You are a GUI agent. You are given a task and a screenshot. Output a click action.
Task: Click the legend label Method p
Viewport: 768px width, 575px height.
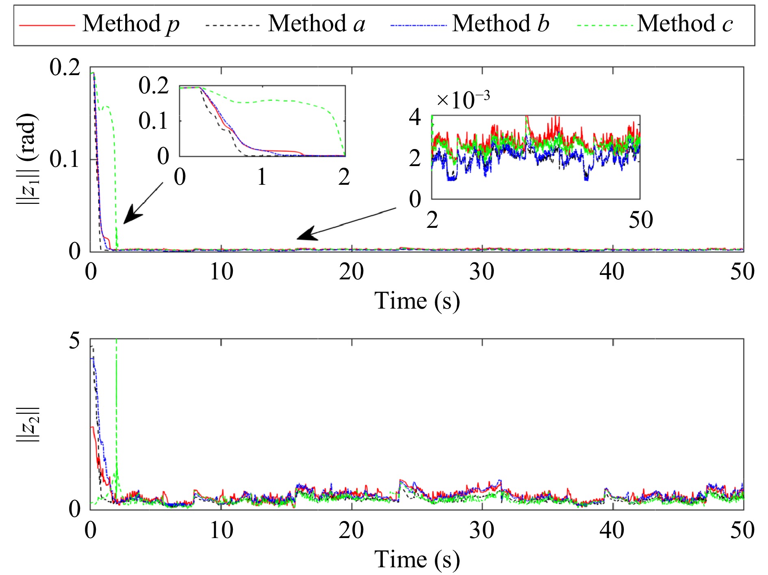(x=130, y=24)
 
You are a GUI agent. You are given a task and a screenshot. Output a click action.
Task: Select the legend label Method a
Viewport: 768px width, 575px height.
(x=317, y=24)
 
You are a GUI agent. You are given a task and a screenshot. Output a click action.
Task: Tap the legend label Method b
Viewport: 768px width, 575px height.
(x=501, y=24)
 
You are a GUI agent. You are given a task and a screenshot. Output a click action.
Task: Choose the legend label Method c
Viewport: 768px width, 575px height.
(x=685, y=24)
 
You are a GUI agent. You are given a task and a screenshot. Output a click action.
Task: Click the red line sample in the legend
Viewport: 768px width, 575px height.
(x=47, y=25)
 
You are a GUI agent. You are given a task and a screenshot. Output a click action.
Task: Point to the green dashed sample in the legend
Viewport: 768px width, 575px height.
(x=604, y=25)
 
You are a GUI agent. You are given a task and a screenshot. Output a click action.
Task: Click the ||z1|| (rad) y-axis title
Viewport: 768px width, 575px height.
(x=28, y=158)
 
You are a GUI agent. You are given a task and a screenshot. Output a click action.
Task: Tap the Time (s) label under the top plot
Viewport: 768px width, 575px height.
(x=417, y=301)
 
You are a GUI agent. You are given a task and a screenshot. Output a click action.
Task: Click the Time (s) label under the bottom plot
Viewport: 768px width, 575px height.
(x=417, y=560)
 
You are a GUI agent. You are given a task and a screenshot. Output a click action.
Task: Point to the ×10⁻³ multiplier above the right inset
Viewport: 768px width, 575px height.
(x=463, y=99)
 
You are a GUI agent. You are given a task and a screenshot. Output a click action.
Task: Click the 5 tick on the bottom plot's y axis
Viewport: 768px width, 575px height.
(x=75, y=340)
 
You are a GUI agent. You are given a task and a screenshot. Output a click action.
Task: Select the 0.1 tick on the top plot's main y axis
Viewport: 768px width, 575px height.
(x=65, y=159)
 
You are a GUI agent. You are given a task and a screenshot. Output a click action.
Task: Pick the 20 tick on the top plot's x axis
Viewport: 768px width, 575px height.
(x=351, y=272)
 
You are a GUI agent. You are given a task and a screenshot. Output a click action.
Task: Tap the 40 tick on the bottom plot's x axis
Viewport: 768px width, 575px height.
(x=612, y=530)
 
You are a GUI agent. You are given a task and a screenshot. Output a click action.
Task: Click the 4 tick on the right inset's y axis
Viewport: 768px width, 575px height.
(x=415, y=117)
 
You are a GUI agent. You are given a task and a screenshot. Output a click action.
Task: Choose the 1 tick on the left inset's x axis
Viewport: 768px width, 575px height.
(x=262, y=177)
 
